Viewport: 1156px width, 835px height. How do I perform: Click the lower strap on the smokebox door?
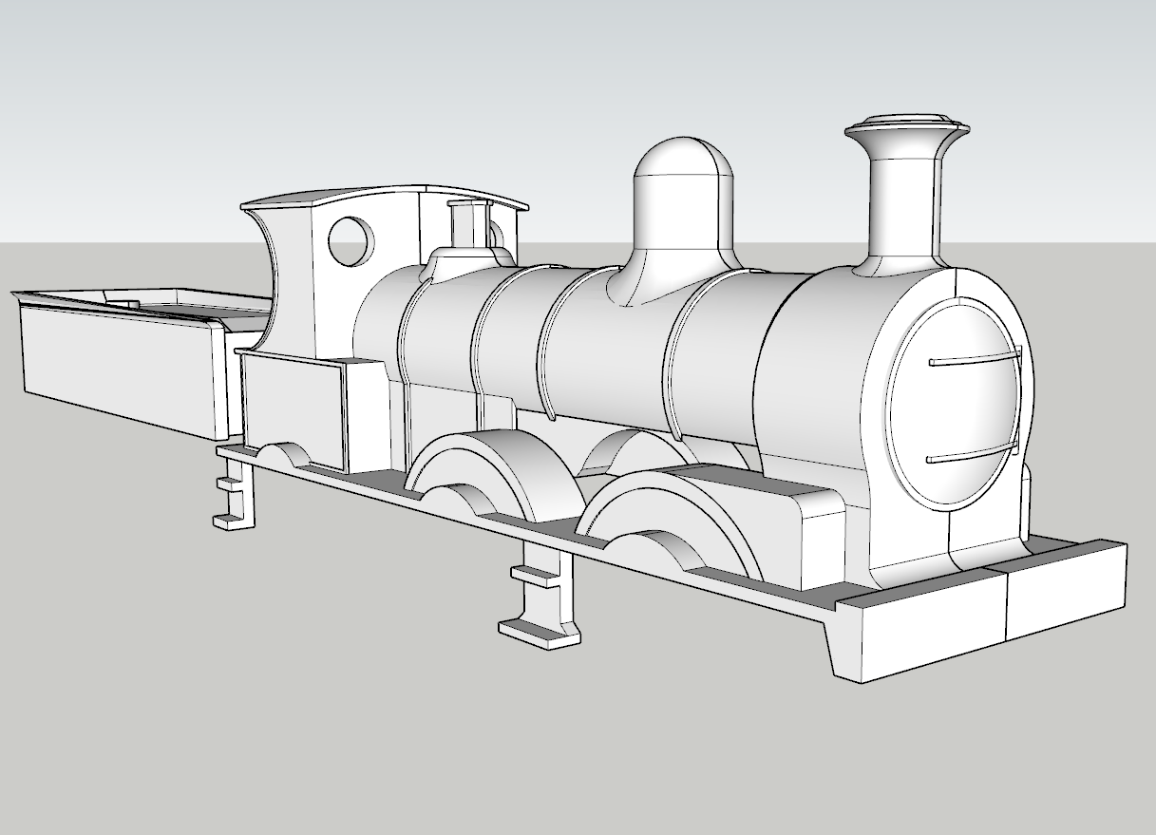tap(973, 454)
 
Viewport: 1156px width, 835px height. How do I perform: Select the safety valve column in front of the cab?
tap(465, 228)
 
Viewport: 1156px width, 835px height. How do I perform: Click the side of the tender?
tap(114, 366)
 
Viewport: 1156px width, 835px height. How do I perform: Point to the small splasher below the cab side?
tap(285, 454)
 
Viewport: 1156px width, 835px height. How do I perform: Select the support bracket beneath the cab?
tap(237, 494)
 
